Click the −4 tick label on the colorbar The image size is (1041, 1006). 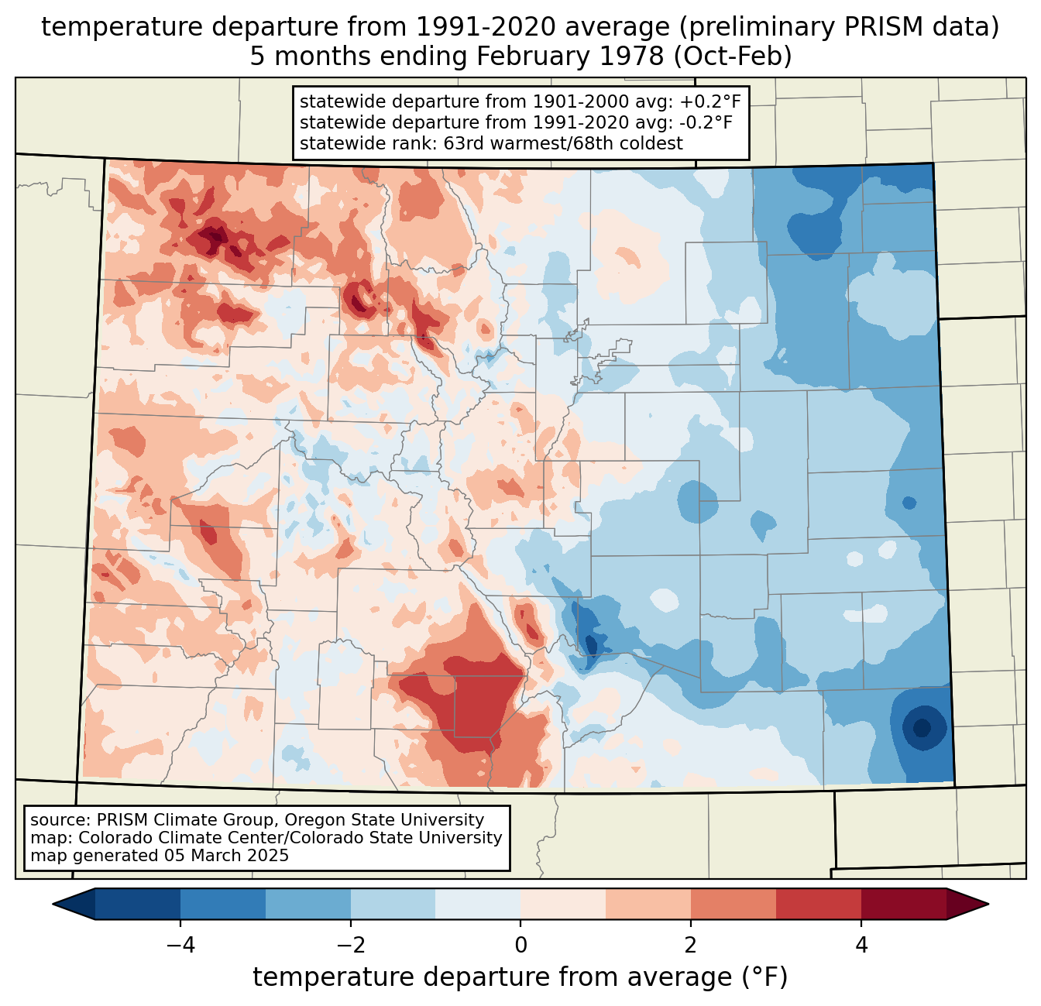click(175, 946)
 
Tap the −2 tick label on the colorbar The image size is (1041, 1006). click(345, 946)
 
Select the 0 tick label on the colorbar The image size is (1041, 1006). click(520, 946)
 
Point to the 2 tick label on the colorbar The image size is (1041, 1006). click(691, 946)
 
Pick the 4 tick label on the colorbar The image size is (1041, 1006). click(861, 946)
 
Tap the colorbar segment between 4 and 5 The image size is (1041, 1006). click(903, 904)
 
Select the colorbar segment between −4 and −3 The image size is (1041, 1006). click(223, 904)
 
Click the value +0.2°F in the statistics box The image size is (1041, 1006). click(710, 102)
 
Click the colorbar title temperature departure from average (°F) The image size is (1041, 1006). click(520, 977)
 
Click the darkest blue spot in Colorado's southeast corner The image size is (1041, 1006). click(922, 728)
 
